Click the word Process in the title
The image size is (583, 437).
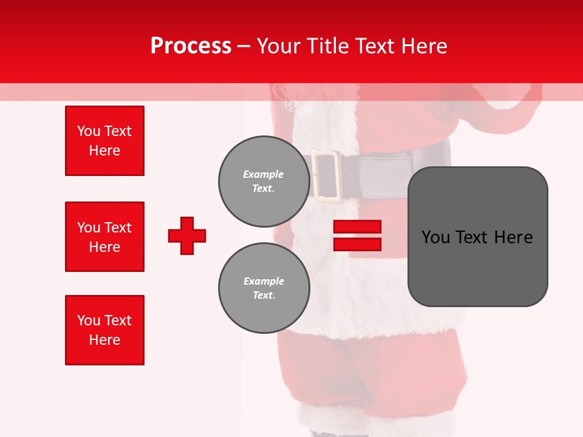(191, 46)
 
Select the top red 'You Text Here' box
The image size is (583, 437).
(104, 141)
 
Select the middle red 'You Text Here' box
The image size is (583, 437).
(104, 237)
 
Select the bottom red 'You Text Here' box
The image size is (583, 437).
(104, 330)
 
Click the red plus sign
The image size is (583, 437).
(187, 235)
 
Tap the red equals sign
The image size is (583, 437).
(357, 235)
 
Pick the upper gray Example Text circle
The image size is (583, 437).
(264, 181)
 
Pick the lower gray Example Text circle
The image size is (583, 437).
(264, 288)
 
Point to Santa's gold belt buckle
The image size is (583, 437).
(327, 175)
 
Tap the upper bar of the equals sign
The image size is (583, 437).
(357, 227)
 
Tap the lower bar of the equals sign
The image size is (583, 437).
(357, 244)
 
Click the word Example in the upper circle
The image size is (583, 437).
(264, 174)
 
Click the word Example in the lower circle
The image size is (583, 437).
(264, 281)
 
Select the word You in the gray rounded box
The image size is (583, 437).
(435, 237)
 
